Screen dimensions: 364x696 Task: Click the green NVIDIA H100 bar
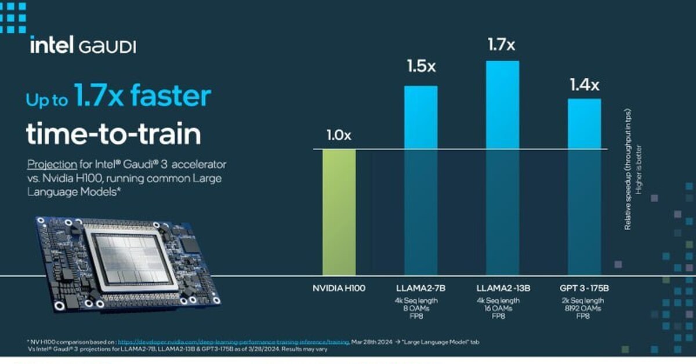tap(339, 212)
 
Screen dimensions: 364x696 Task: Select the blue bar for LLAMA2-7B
tap(420, 180)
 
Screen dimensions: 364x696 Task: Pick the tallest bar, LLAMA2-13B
tap(502, 168)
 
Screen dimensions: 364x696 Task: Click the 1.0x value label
tap(339, 136)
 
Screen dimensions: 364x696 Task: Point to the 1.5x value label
tap(420, 67)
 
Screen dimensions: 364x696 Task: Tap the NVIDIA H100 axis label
tap(339, 288)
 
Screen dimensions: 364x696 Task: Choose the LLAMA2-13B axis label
tap(502, 288)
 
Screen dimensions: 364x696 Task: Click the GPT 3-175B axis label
tap(584, 288)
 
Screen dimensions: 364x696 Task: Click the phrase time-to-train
tap(113, 134)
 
